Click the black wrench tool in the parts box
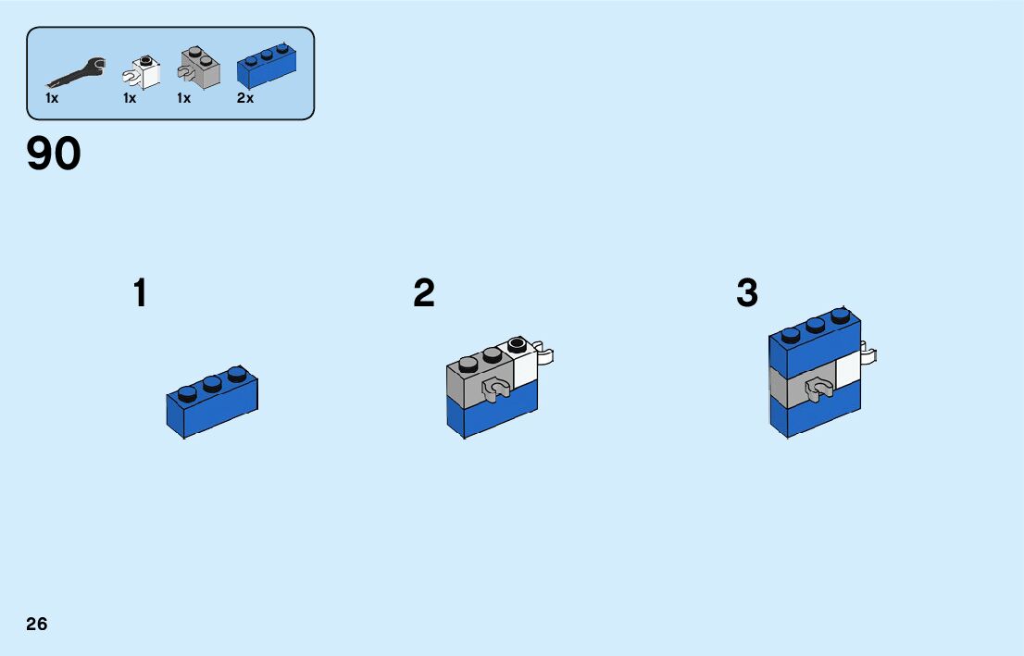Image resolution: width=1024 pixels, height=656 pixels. pos(75,72)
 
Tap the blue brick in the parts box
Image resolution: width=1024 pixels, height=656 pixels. pos(268,66)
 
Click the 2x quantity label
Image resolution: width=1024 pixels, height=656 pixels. pos(245,98)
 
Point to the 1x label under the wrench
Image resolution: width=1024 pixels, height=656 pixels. pos(52,98)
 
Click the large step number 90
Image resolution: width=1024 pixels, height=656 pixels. pos(54,154)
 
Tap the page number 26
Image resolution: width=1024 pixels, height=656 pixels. pos(37,624)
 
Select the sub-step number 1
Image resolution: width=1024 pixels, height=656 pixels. pos(140,294)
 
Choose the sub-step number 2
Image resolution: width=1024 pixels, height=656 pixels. pos(424,294)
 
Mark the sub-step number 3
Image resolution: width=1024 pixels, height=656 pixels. pos(747,294)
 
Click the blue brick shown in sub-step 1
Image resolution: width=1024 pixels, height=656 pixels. pos(213,402)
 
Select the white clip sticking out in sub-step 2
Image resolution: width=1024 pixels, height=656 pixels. pos(546,354)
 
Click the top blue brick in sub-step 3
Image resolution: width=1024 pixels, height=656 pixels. pos(815,342)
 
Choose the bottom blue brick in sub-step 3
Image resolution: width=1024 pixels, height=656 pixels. pos(815,412)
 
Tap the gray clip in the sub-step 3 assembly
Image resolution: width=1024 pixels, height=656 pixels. pos(818,388)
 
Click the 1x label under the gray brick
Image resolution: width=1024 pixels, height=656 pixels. pos(184,98)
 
